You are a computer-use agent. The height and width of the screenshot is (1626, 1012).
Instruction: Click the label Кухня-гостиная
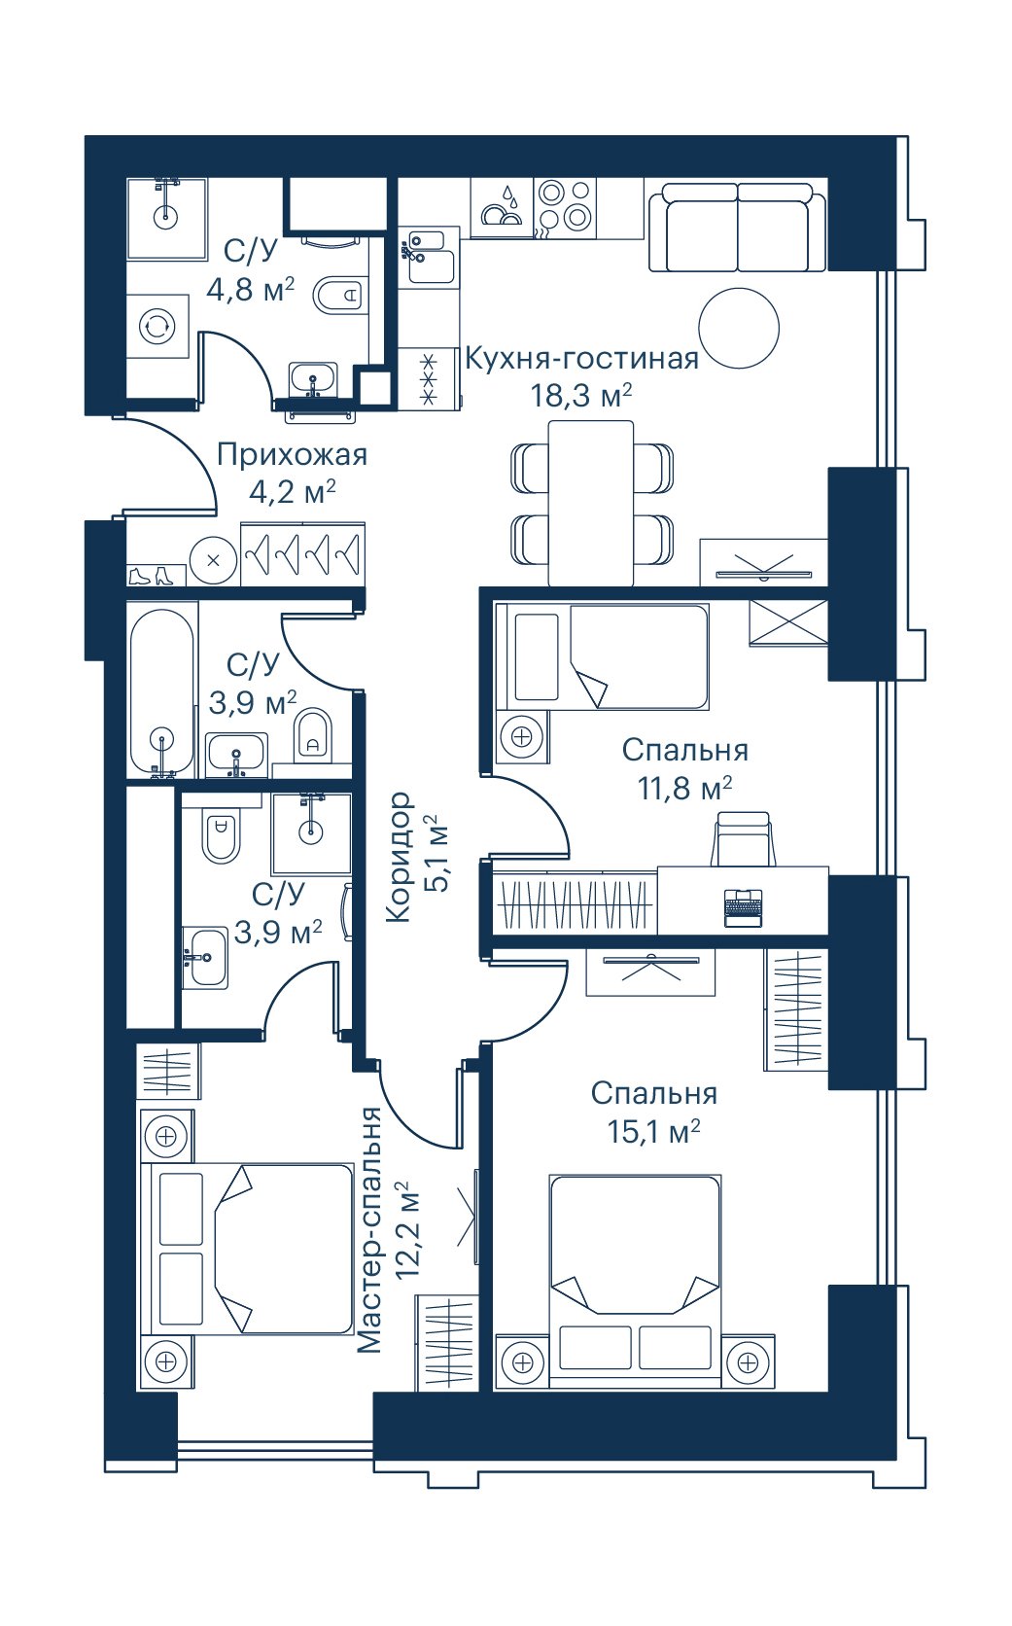pyautogui.click(x=581, y=359)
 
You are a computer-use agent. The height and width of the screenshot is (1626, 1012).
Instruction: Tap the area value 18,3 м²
pyautogui.click(x=581, y=397)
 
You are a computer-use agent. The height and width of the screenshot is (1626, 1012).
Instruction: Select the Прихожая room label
pyautogui.click(x=293, y=455)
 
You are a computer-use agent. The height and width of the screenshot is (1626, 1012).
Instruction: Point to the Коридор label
pyautogui.click(x=399, y=857)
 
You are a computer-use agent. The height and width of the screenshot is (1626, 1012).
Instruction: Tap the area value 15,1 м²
pyautogui.click(x=653, y=1132)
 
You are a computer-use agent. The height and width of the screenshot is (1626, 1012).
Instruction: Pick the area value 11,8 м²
pyautogui.click(x=684, y=789)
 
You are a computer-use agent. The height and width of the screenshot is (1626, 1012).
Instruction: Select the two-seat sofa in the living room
pyautogui.click(x=737, y=227)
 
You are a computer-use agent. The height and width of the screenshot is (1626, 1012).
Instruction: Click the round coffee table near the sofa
pyautogui.click(x=739, y=328)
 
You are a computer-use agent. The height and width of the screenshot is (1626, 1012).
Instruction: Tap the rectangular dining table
pyautogui.click(x=591, y=503)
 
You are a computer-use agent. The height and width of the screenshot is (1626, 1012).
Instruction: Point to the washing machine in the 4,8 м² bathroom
pyautogui.click(x=158, y=325)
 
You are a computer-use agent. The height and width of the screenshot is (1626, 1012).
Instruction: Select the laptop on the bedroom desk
pyautogui.click(x=743, y=907)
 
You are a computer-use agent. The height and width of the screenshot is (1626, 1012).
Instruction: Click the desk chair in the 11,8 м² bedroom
pyautogui.click(x=743, y=839)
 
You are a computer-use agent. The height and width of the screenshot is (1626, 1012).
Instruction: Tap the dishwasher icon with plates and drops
pyautogui.click(x=502, y=207)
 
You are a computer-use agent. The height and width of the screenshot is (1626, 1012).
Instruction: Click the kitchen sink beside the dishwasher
pyautogui.click(x=427, y=257)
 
